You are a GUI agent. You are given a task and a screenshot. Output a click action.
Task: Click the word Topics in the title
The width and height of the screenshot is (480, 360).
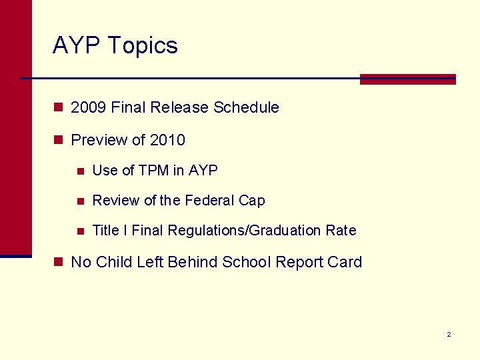pos(142,46)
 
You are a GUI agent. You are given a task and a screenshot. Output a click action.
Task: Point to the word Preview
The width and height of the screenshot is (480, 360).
pos(98,140)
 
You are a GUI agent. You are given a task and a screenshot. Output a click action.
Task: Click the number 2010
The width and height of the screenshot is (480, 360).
pos(167,140)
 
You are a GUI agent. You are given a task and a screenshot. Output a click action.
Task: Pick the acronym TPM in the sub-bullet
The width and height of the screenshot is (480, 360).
pos(154,171)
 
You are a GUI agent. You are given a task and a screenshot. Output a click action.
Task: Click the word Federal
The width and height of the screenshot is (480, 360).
pos(209,201)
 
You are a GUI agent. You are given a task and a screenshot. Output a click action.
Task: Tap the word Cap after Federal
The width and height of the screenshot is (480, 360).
pos(252,201)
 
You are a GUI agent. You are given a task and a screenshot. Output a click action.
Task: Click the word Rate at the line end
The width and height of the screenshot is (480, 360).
pos(341,231)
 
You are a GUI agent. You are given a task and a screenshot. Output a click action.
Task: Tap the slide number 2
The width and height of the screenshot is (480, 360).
pos(449,334)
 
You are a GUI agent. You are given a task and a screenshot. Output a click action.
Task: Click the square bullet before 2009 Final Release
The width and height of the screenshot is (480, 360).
pos(59,107)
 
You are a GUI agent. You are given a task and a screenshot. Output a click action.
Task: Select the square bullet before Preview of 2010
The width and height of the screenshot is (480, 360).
pos(59,140)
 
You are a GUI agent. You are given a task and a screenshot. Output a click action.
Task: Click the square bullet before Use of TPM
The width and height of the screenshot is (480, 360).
pos(80,171)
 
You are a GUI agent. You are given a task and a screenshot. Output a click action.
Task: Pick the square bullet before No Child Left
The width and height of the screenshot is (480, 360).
pos(59,262)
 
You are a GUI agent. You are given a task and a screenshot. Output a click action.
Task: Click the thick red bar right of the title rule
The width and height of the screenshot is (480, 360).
pos(407,79)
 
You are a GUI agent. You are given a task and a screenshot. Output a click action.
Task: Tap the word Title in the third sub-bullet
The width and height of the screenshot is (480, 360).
pos(105,231)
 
